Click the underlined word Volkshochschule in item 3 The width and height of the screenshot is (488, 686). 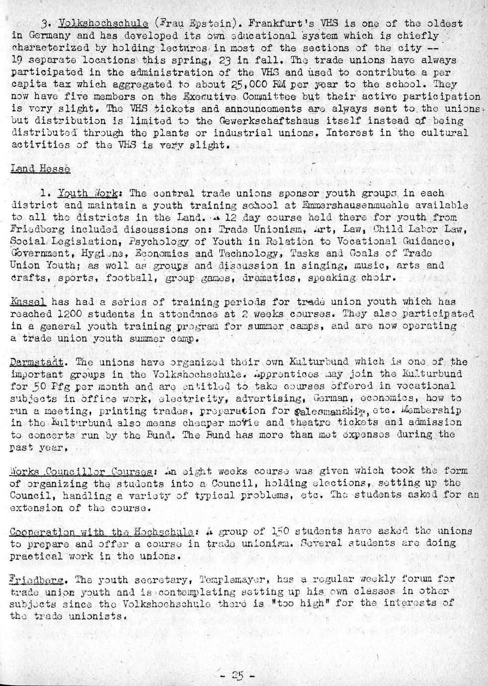[103, 23]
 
